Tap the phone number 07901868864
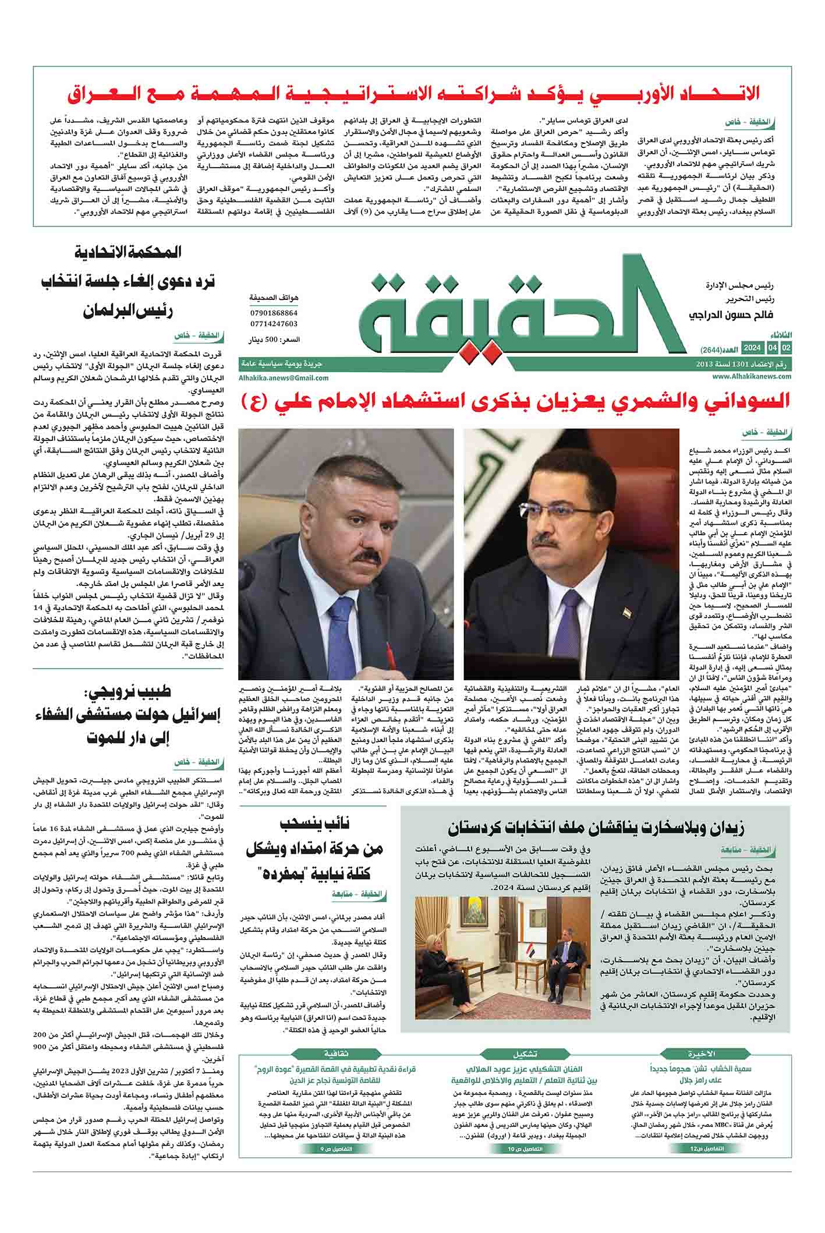[274, 313]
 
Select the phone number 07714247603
[274, 324]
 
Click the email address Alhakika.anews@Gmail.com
[284, 377]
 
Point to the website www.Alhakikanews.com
[751, 377]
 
